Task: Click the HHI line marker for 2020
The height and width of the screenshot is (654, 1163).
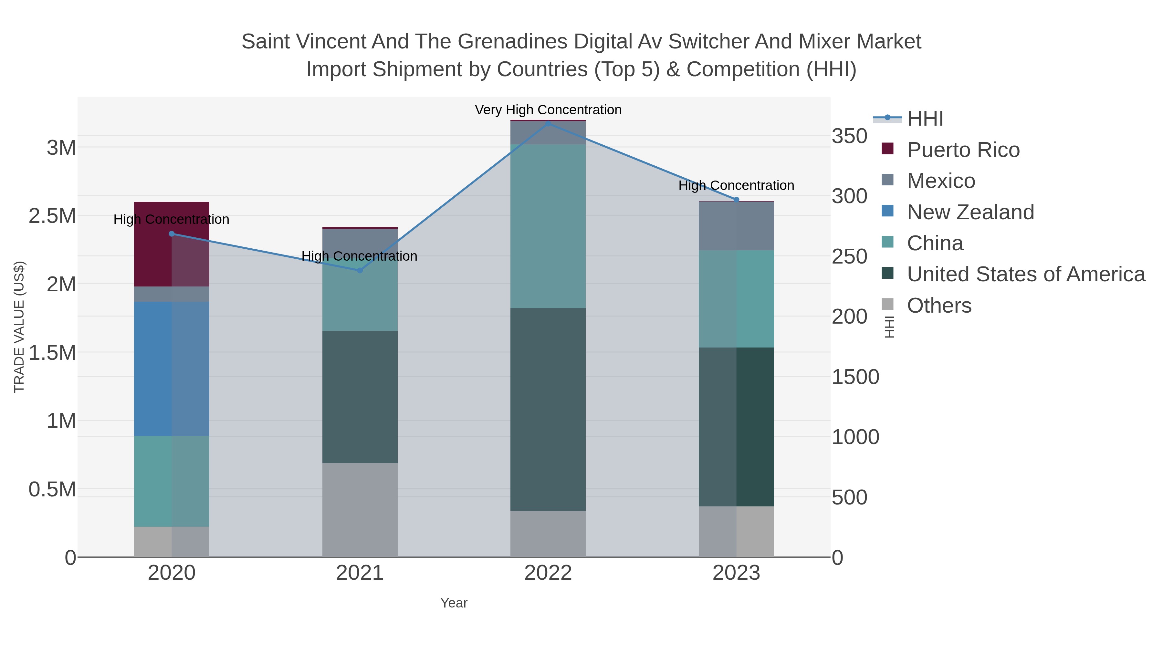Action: (x=172, y=234)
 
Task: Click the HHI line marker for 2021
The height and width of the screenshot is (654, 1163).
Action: (x=360, y=270)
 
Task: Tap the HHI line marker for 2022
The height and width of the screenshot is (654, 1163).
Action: (x=548, y=123)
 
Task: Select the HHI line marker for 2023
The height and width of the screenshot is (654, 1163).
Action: (x=736, y=200)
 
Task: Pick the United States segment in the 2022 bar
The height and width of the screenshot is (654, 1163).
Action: (x=548, y=410)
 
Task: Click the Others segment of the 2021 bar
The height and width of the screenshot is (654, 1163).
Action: (x=360, y=510)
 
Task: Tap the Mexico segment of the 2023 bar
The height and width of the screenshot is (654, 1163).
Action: (x=736, y=226)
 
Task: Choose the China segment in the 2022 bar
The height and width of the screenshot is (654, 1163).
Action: (x=548, y=226)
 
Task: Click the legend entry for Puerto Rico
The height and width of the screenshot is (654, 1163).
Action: (x=963, y=150)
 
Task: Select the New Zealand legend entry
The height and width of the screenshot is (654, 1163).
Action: (x=970, y=212)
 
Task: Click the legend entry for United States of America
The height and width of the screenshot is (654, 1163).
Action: (x=1025, y=275)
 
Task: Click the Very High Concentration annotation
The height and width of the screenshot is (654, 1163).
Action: (x=548, y=110)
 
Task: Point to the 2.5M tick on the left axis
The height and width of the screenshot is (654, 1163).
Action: (x=52, y=216)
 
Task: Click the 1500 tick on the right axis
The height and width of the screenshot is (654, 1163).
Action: (x=855, y=377)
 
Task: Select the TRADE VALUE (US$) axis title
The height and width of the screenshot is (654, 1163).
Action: (x=19, y=327)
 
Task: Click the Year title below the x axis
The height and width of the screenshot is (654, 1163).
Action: (x=454, y=603)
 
